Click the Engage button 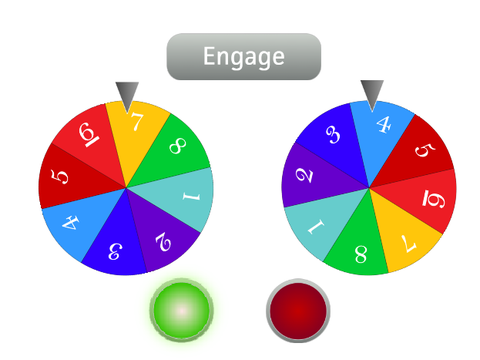[x=244, y=56]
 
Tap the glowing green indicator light [x=181, y=310]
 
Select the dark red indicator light [x=298, y=310]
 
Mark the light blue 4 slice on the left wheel [x=78, y=222]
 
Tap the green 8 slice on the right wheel [x=360, y=248]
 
